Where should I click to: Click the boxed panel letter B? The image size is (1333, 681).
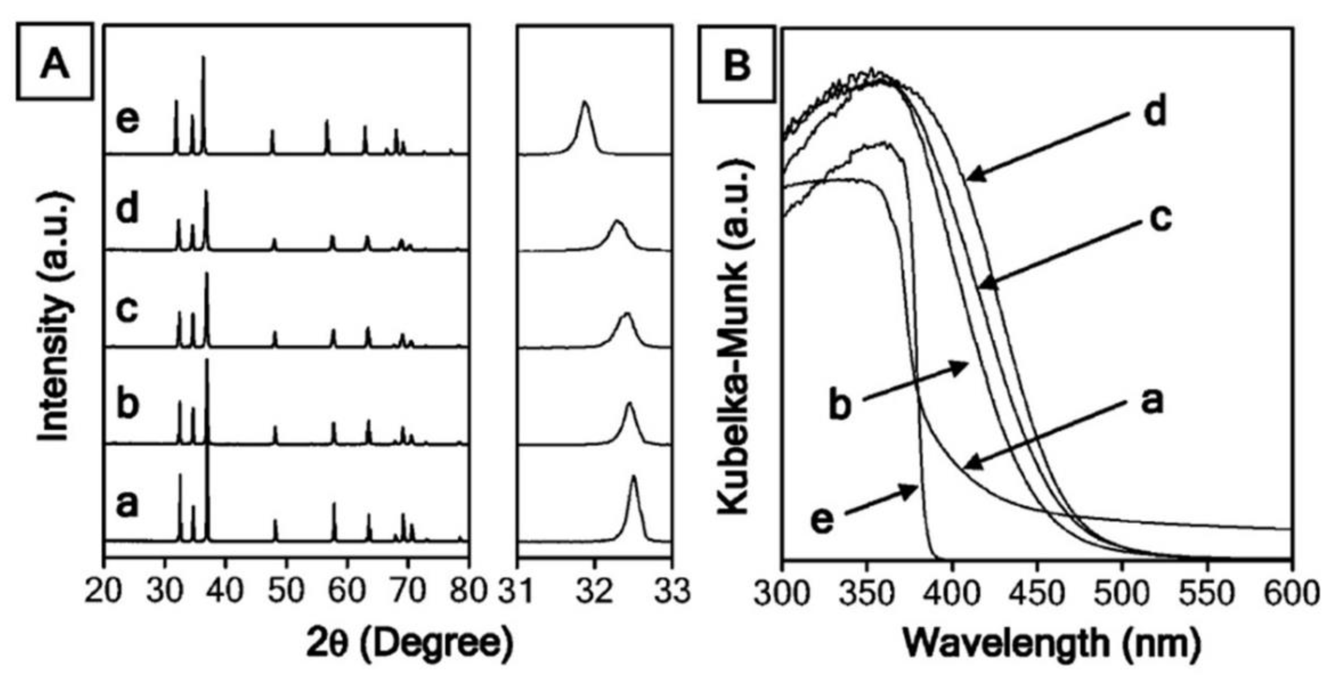[x=737, y=64]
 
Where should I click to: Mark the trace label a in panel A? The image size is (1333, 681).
[x=127, y=504]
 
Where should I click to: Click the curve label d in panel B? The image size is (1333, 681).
[x=1155, y=112]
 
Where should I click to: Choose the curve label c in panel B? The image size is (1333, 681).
[x=1161, y=218]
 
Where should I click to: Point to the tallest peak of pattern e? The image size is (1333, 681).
[x=203, y=58]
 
